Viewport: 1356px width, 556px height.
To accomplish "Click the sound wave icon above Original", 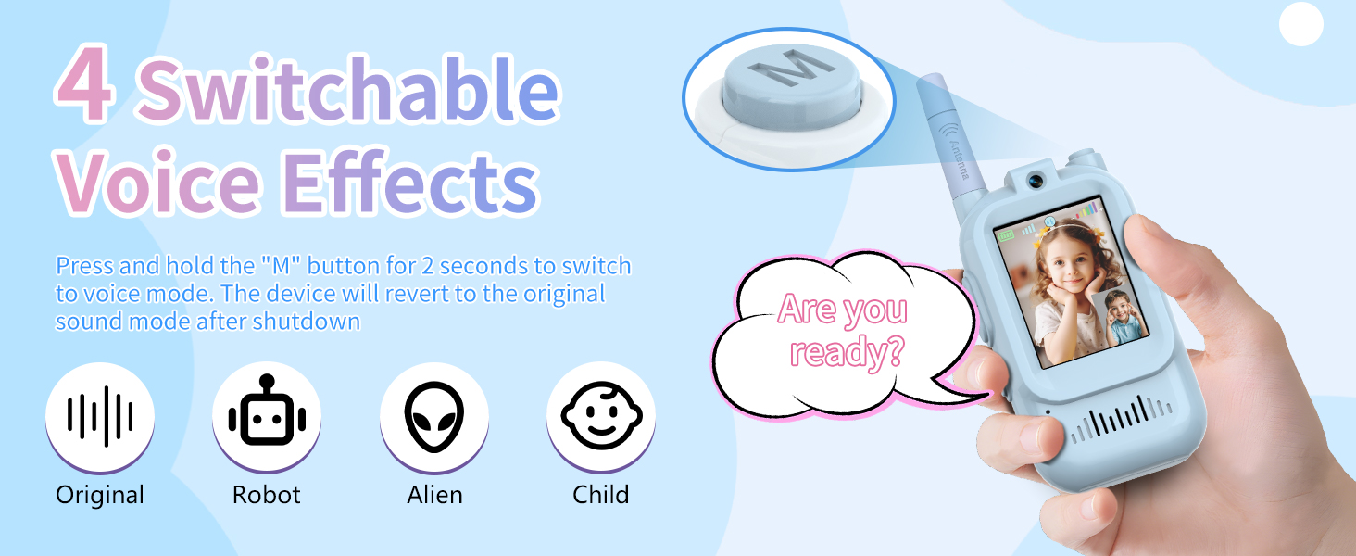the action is point(100,416).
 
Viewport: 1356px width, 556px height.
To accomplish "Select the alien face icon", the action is point(434,417).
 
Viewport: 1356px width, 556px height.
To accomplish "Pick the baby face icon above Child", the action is point(601,415).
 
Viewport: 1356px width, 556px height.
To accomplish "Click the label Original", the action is point(100,495).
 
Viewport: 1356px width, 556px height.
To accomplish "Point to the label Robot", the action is point(267,495).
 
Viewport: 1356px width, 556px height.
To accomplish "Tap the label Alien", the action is point(434,495).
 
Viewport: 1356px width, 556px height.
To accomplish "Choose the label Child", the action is point(601,494).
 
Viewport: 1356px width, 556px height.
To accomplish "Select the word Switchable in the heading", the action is point(347,87).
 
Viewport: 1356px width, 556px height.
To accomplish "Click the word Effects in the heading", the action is point(410,182).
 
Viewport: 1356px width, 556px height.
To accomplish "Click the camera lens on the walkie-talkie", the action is point(1035,180).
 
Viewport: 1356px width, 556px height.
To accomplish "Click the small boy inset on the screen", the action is point(1124,317).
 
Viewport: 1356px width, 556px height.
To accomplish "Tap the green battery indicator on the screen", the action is point(1006,235).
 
